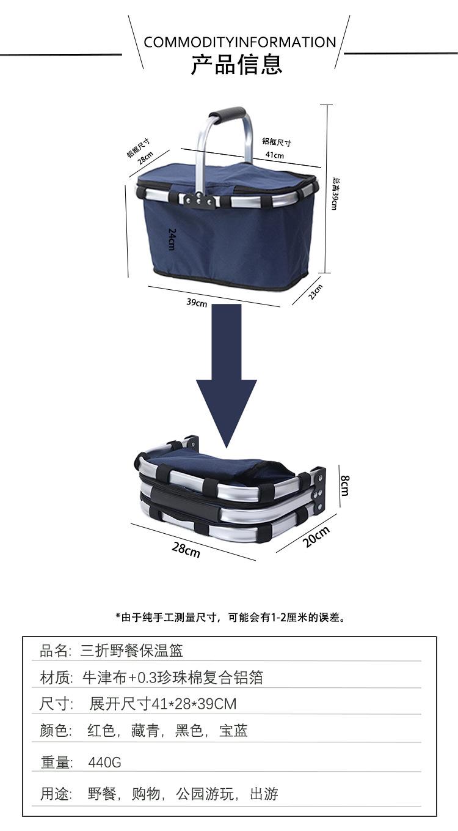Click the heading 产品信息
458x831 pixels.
(x=237, y=64)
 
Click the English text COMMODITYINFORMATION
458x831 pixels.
(x=239, y=42)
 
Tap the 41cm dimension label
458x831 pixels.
(x=275, y=155)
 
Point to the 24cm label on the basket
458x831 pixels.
(x=172, y=239)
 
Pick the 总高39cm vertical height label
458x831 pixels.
(x=335, y=193)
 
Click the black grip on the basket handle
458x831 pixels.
(x=227, y=116)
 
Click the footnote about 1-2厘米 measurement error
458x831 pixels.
(x=230, y=617)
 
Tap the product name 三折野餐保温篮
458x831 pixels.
(x=131, y=650)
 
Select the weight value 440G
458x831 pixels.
(x=104, y=762)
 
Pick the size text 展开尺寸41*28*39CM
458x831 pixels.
(x=162, y=704)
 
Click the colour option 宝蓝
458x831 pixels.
(x=234, y=731)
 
